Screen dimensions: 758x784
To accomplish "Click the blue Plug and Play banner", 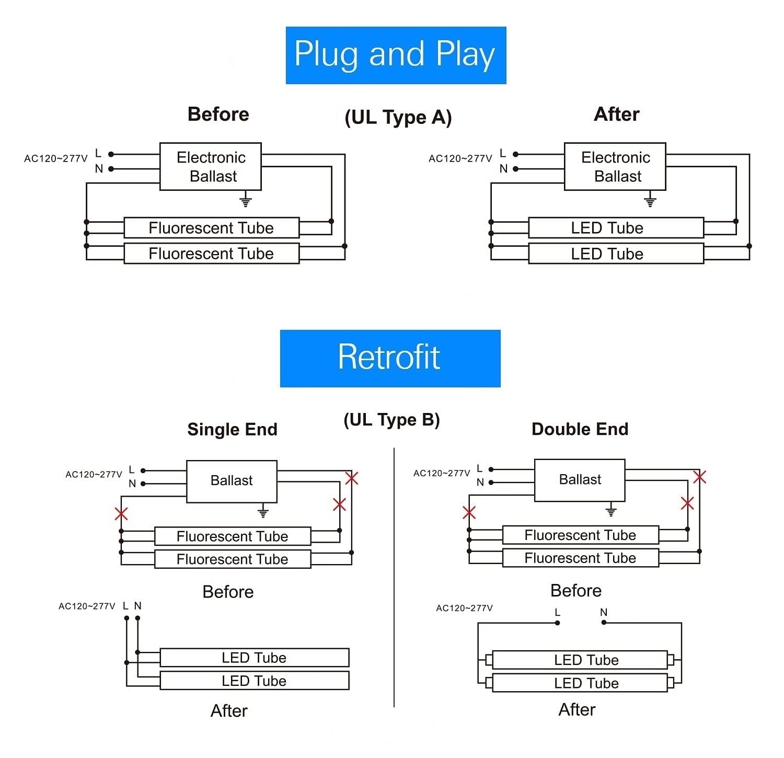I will click(396, 55).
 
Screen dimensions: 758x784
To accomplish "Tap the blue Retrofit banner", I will click(390, 358).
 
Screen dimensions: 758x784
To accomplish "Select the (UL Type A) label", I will click(398, 117).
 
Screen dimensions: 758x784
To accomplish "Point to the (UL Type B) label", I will click(391, 420).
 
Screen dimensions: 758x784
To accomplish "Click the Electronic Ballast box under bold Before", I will click(211, 166).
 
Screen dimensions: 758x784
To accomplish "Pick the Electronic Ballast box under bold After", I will click(615, 166).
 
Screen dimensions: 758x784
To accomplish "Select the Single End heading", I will click(232, 429).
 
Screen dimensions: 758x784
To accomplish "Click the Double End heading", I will click(580, 429).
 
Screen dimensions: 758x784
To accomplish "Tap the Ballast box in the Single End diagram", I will click(232, 481).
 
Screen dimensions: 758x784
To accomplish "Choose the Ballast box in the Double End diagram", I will click(580, 480).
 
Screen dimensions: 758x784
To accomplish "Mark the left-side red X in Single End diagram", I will click(121, 513).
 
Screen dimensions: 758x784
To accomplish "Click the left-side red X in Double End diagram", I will click(469, 512).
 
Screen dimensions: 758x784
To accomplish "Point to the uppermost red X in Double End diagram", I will click(700, 477).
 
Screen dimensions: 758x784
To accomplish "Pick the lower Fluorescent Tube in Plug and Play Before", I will click(211, 254).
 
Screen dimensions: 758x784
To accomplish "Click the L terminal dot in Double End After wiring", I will click(558, 623).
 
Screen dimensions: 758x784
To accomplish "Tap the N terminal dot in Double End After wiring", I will click(604, 623).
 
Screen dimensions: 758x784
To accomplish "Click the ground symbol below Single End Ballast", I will click(263, 512).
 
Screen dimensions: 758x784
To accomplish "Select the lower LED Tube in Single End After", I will click(254, 681).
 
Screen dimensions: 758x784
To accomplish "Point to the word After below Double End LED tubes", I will click(577, 709).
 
